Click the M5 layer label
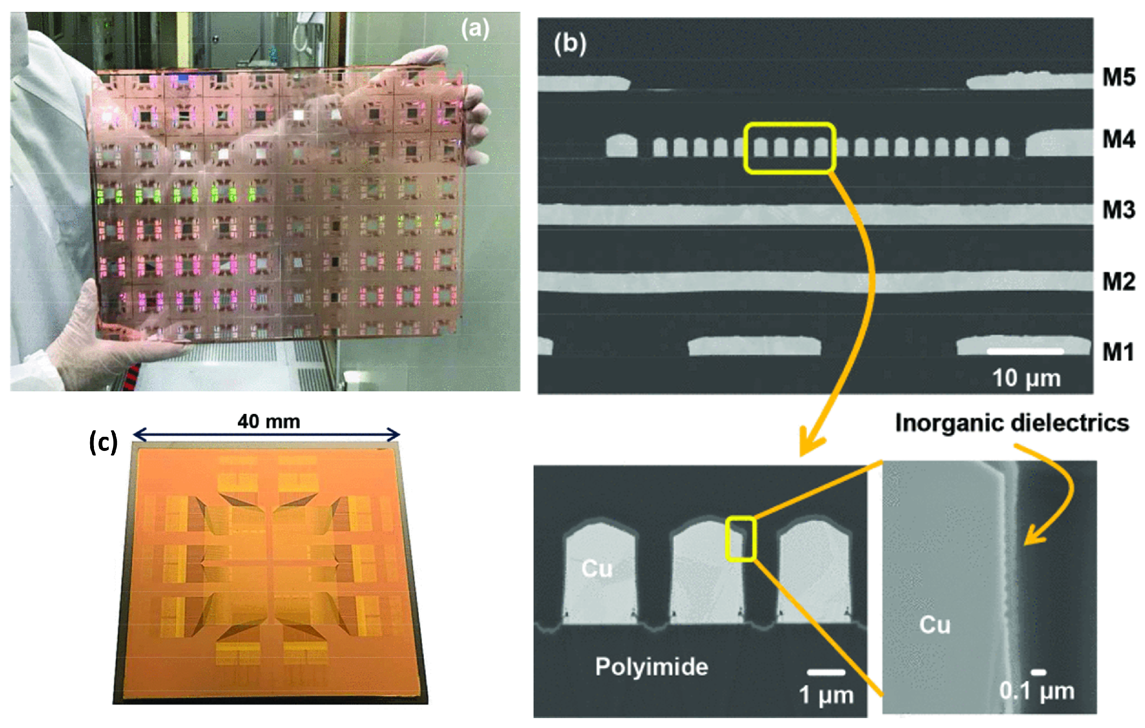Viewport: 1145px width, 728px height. [x=1118, y=78]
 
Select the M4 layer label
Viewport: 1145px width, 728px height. [x=1118, y=139]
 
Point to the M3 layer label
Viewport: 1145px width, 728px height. [x=1118, y=210]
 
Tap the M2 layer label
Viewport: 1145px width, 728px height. [x=1118, y=281]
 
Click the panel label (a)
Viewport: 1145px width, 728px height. [x=475, y=29]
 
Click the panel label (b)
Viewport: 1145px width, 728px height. [x=570, y=44]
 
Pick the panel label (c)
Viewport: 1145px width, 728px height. [x=103, y=443]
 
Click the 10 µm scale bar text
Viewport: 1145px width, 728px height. [x=1026, y=379]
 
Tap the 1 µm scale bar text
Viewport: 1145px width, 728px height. [x=826, y=695]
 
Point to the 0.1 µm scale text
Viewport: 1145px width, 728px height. [x=1037, y=691]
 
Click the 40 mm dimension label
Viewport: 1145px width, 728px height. [x=268, y=422]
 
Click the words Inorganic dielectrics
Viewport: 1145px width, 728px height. [x=1012, y=423]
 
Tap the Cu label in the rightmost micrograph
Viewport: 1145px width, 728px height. [x=934, y=625]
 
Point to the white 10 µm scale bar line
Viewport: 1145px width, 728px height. [x=1025, y=352]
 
